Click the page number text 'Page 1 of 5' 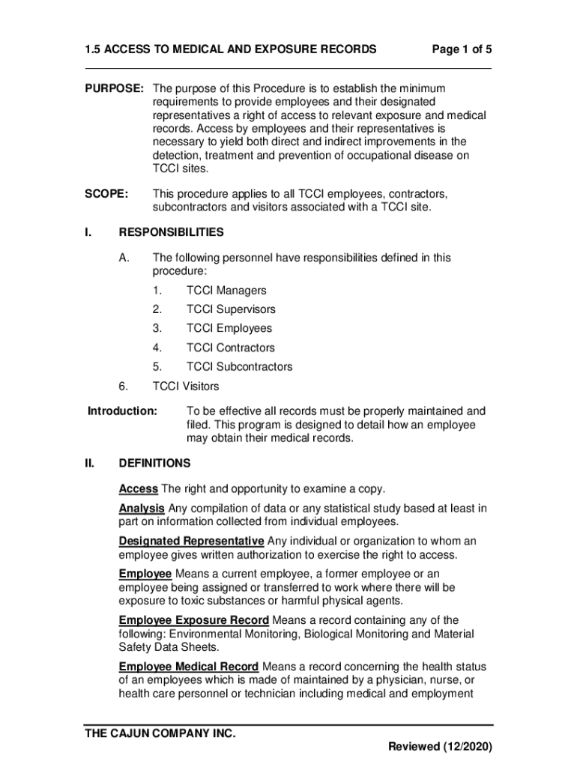point(462,50)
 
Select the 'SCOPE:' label point(106,194)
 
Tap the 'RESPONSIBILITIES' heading point(171,232)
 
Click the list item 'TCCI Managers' point(226,291)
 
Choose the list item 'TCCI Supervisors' point(230,309)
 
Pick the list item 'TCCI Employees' point(229,328)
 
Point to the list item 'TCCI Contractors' point(230,348)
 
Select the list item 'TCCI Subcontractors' point(239,367)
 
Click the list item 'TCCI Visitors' point(186,386)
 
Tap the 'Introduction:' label point(123,411)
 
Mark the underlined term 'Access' point(138,489)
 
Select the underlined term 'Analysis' point(142,509)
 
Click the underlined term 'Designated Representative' point(191,542)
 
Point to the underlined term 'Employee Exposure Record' point(193,620)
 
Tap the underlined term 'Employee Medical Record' point(189,667)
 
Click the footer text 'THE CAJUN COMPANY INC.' point(160,733)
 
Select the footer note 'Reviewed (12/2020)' point(440,748)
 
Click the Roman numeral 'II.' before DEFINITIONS point(89,463)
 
